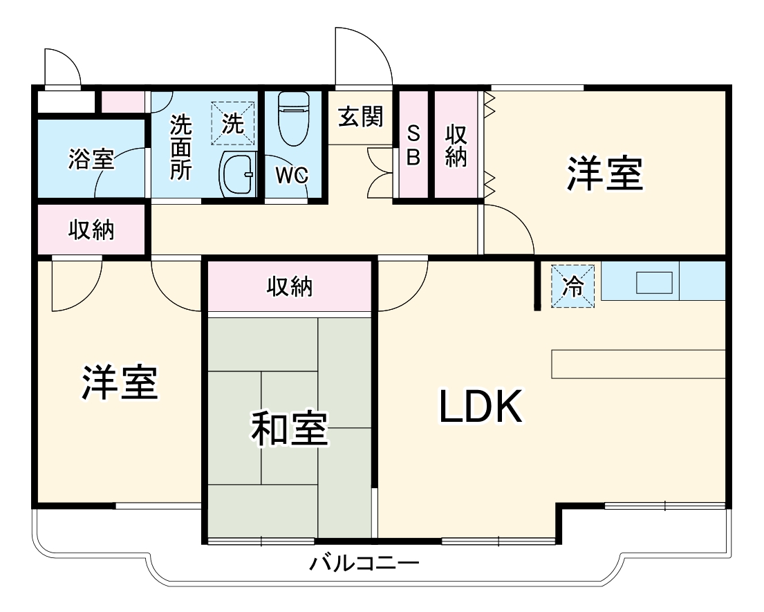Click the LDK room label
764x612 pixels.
coord(480,408)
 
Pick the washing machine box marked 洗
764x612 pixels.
coord(232,124)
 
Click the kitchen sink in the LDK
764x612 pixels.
coord(653,282)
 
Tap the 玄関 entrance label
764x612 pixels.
coord(360,117)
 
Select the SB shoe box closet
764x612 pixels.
coord(413,145)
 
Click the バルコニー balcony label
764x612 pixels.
coord(364,563)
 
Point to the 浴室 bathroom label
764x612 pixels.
coord(91,160)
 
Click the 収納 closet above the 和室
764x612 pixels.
coord(290,286)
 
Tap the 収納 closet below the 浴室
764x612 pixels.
coord(91,230)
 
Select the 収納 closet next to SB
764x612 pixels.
coord(455,145)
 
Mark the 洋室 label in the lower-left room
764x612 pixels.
coord(120,382)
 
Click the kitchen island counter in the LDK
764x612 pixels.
coord(637,364)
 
